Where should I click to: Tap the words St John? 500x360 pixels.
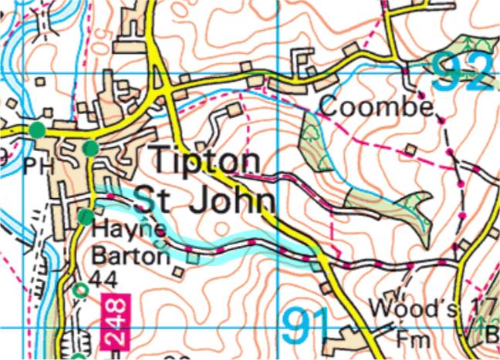coord(205,201)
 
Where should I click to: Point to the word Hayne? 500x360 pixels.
coord(128,230)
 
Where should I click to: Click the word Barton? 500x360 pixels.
coord(130,254)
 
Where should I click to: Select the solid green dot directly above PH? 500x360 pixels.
coord(36,130)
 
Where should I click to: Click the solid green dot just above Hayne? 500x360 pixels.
coord(85,217)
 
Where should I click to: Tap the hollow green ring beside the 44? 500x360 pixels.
coord(80,289)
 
